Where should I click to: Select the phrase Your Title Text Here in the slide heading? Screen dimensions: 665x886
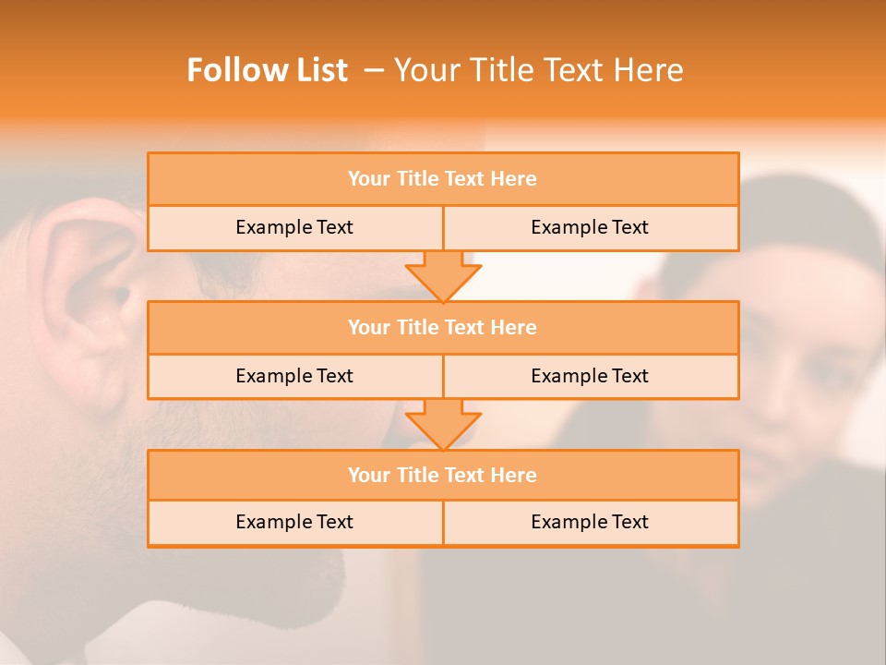point(539,70)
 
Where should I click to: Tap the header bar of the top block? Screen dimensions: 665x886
point(443,179)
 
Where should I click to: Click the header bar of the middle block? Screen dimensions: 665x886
point(443,327)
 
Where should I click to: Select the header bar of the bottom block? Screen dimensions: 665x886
point(443,475)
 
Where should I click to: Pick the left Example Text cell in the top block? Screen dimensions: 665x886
point(294,227)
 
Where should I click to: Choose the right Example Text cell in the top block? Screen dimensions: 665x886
point(590,227)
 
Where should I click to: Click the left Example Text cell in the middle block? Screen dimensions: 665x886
point(294,376)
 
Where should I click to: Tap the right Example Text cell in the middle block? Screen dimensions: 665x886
point(590,376)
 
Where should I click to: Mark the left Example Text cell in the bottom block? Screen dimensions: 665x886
point(294,522)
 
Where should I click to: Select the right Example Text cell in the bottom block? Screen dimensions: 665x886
point(590,522)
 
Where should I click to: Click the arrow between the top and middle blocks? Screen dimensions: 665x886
point(443,275)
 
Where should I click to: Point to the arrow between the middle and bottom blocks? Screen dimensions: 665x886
point(443,424)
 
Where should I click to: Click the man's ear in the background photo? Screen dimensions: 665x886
point(88,286)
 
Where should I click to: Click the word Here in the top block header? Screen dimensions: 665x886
point(514,179)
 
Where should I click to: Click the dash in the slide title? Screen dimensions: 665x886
point(374,70)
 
